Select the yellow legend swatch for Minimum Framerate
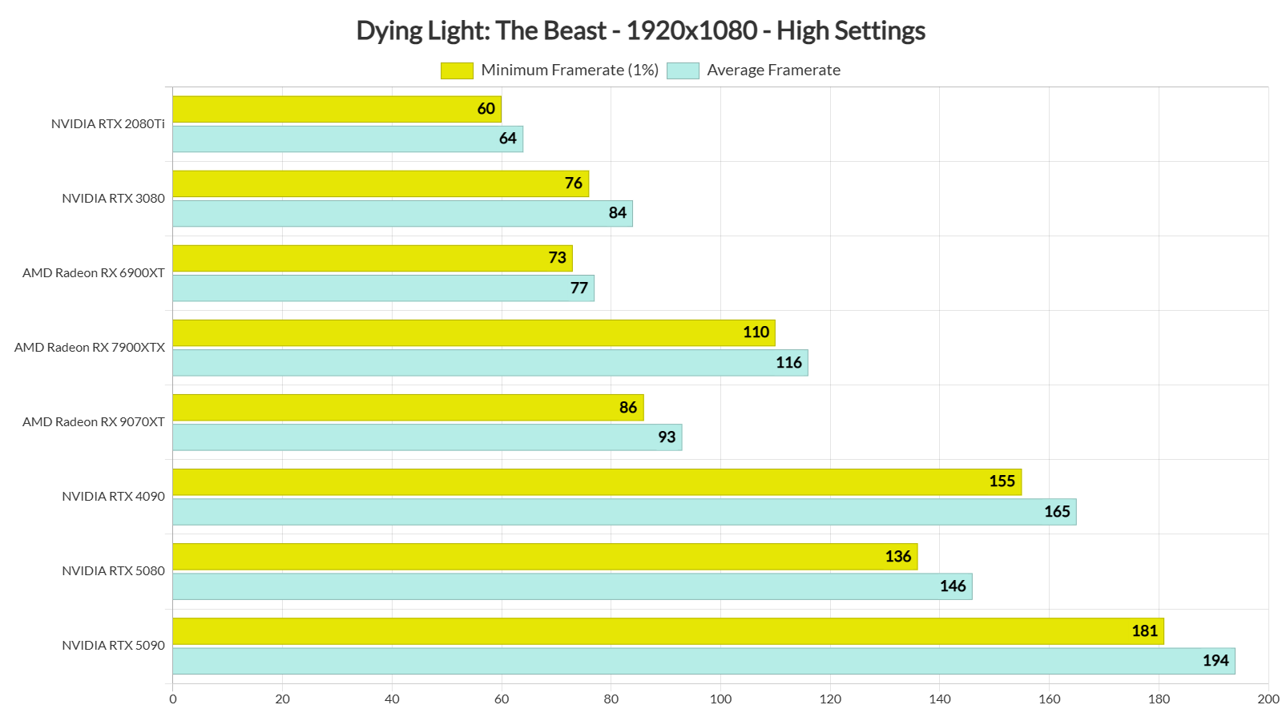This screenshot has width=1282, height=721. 457,70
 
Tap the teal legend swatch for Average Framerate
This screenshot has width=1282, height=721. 683,70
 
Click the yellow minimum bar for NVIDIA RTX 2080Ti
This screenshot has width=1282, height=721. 337,109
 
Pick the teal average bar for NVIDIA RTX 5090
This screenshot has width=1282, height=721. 703,661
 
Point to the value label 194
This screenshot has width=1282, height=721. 1215,661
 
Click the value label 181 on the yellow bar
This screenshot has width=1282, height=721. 1145,631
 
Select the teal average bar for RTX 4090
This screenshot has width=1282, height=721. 624,512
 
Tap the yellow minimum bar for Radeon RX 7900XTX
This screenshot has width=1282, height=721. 474,332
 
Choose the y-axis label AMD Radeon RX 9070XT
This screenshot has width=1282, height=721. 94,422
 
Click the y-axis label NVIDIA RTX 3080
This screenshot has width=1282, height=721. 114,199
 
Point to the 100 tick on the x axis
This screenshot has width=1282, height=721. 720,699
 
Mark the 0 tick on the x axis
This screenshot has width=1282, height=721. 173,699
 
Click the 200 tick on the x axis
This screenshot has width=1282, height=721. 1268,699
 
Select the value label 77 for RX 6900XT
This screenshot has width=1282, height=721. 579,288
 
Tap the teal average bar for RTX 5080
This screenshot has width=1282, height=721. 572,586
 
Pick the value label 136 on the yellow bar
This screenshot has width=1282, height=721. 898,557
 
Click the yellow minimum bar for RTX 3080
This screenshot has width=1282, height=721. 381,183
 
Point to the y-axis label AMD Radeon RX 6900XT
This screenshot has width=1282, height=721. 94,273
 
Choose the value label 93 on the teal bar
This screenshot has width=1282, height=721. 667,437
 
